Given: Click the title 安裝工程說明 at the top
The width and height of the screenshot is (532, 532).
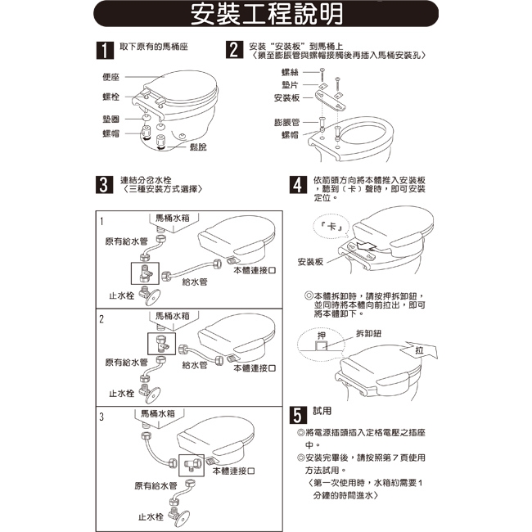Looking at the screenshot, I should click(x=265, y=15).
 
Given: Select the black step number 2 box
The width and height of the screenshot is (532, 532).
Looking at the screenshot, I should click(x=234, y=50).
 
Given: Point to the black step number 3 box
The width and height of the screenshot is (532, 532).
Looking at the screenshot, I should click(x=104, y=184).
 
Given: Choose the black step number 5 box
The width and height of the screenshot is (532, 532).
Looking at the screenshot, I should click(x=300, y=414).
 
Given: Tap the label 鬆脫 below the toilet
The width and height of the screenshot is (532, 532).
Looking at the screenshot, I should click(x=198, y=147).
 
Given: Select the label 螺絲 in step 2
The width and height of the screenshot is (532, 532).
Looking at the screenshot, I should click(x=289, y=73).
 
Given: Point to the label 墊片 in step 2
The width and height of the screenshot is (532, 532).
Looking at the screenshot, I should click(x=289, y=84).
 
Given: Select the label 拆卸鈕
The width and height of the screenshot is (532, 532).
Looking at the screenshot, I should click(x=370, y=334).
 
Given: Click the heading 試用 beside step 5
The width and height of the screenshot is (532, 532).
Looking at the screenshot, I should click(x=322, y=410).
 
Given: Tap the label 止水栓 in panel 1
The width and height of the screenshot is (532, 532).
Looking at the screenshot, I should click(x=122, y=295).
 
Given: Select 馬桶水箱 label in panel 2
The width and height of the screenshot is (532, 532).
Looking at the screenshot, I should click(x=173, y=315).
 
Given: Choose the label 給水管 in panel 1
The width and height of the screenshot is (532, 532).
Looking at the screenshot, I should click(x=194, y=281).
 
